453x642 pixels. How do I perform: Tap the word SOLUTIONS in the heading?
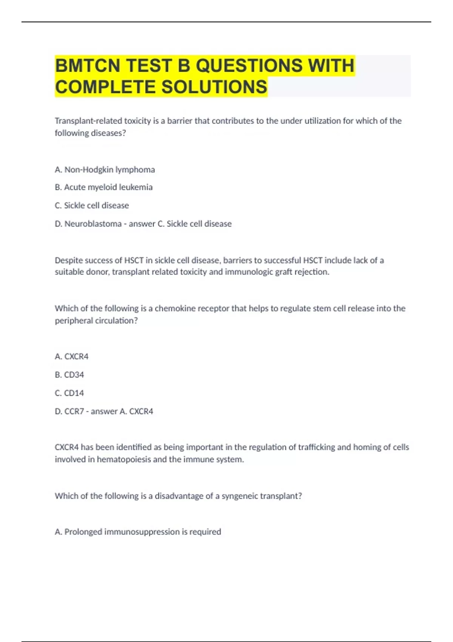214,87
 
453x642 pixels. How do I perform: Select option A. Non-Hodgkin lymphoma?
105,170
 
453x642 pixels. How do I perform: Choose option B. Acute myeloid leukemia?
103,187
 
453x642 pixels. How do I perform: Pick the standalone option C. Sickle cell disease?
92,205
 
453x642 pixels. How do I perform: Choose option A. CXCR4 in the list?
71,356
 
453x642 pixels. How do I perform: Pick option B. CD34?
69,375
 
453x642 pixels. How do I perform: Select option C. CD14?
69,393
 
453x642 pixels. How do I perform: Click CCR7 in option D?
74,411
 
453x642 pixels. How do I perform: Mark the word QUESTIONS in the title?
249,65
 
